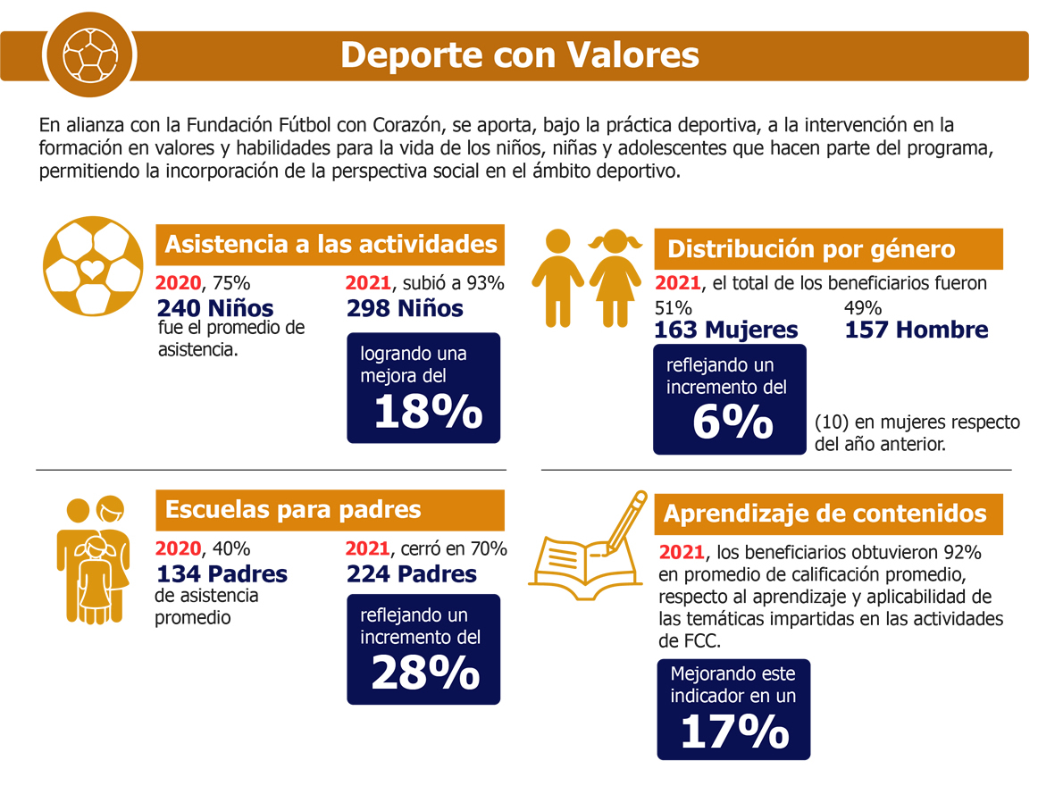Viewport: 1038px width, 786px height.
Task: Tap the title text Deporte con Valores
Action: tap(519, 55)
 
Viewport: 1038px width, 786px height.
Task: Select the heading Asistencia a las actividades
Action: tap(331, 245)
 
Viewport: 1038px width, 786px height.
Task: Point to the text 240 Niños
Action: tap(215, 308)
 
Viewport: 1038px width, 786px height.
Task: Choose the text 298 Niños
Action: tap(405, 308)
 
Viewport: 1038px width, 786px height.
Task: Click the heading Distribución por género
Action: tap(811, 249)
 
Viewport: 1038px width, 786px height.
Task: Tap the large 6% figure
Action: tap(732, 423)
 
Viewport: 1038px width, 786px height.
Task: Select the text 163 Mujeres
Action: tap(726, 330)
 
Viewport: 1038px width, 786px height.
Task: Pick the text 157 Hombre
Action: tap(917, 330)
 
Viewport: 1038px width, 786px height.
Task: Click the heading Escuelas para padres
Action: tap(293, 510)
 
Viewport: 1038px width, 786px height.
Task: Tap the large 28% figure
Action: tap(425, 673)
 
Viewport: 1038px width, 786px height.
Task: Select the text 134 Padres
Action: tap(222, 573)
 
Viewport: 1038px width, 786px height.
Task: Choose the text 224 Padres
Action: tap(412, 573)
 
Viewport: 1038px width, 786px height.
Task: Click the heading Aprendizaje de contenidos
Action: tap(825, 514)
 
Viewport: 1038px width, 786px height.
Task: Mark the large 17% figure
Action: tap(734, 732)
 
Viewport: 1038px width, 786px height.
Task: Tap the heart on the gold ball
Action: tap(92, 267)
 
